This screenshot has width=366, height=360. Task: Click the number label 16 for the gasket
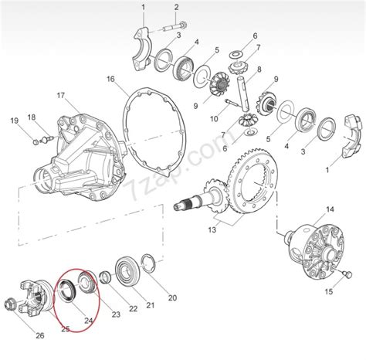pyautogui.click(x=110, y=79)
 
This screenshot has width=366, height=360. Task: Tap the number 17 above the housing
pyautogui.click(x=61, y=96)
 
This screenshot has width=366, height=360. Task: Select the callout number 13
pyautogui.click(x=212, y=229)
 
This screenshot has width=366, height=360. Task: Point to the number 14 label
pyautogui.click(x=330, y=209)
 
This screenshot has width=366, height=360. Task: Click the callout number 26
pyautogui.click(x=40, y=335)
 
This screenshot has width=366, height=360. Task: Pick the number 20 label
pyautogui.click(x=172, y=298)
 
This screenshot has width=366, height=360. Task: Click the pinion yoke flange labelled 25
pyautogui.click(x=36, y=298)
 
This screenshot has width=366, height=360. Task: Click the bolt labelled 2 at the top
pyautogui.click(x=175, y=26)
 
